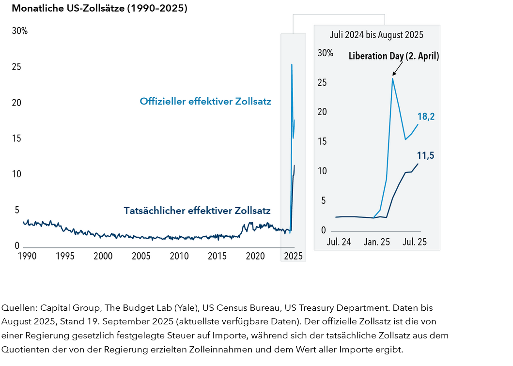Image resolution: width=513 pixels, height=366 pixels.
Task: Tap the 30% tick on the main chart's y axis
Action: tap(20, 31)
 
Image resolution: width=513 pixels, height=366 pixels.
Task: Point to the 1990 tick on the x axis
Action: tap(26, 256)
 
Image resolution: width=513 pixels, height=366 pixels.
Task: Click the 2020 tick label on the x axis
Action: tap(255, 256)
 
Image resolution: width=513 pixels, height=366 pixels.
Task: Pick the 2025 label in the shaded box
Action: tap(293, 256)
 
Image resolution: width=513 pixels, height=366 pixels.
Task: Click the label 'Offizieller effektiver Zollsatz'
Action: tap(205, 102)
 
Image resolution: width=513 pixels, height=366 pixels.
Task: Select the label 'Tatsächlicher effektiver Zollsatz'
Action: tap(197, 211)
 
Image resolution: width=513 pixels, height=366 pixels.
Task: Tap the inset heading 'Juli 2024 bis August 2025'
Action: tap(376, 35)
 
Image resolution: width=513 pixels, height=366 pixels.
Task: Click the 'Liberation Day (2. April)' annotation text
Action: tap(394, 56)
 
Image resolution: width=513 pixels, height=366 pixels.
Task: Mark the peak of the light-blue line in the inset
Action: tap(392, 78)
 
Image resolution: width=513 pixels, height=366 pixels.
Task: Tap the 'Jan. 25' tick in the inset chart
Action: tap(376, 242)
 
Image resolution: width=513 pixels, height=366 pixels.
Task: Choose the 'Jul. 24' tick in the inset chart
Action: tap(339, 242)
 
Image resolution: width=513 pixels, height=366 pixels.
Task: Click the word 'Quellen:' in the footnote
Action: tap(19, 308)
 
